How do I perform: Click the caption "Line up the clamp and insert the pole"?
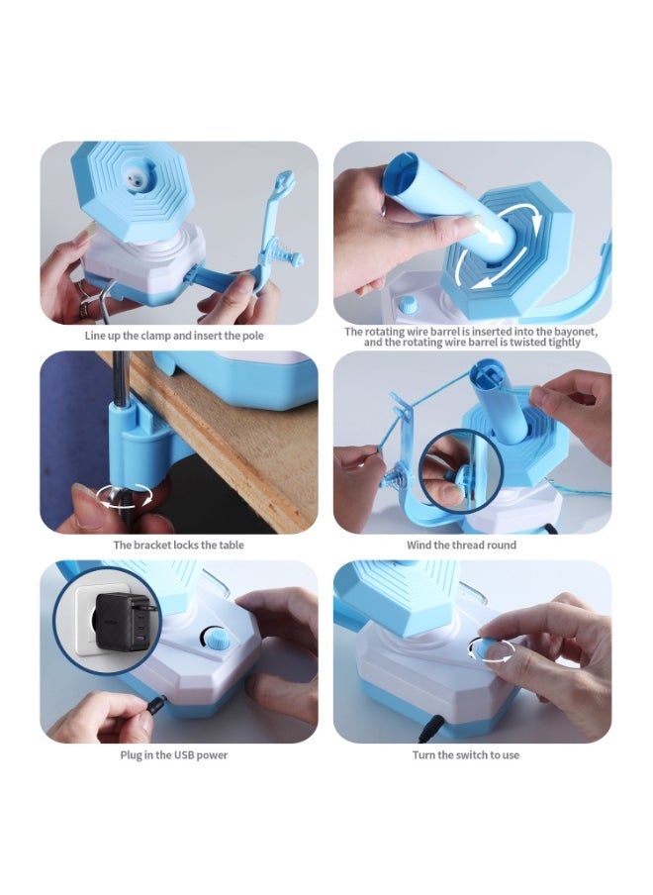click(x=179, y=335)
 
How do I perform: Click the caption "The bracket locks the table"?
click(x=179, y=545)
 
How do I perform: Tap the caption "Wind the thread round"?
click(x=461, y=545)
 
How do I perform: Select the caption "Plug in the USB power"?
click(x=179, y=755)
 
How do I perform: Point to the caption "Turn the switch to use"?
click(x=465, y=755)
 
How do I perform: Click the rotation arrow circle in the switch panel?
click(x=492, y=648)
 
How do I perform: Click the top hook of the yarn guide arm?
click(x=286, y=181)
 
